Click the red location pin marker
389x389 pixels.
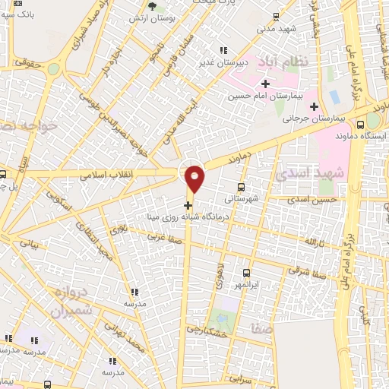pyautogui.click(x=195, y=179)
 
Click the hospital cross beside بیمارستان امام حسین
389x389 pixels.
pyautogui.click(x=265, y=84)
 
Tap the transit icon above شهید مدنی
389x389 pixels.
pyautogui.click(x=274, y=17)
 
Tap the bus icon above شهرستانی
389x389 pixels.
pyautogui.click(x=242, y=187)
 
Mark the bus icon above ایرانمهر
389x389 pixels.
pyautogui.click(x=246, y=273)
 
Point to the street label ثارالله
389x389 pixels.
pyautogui.click(x=314, y=242)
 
